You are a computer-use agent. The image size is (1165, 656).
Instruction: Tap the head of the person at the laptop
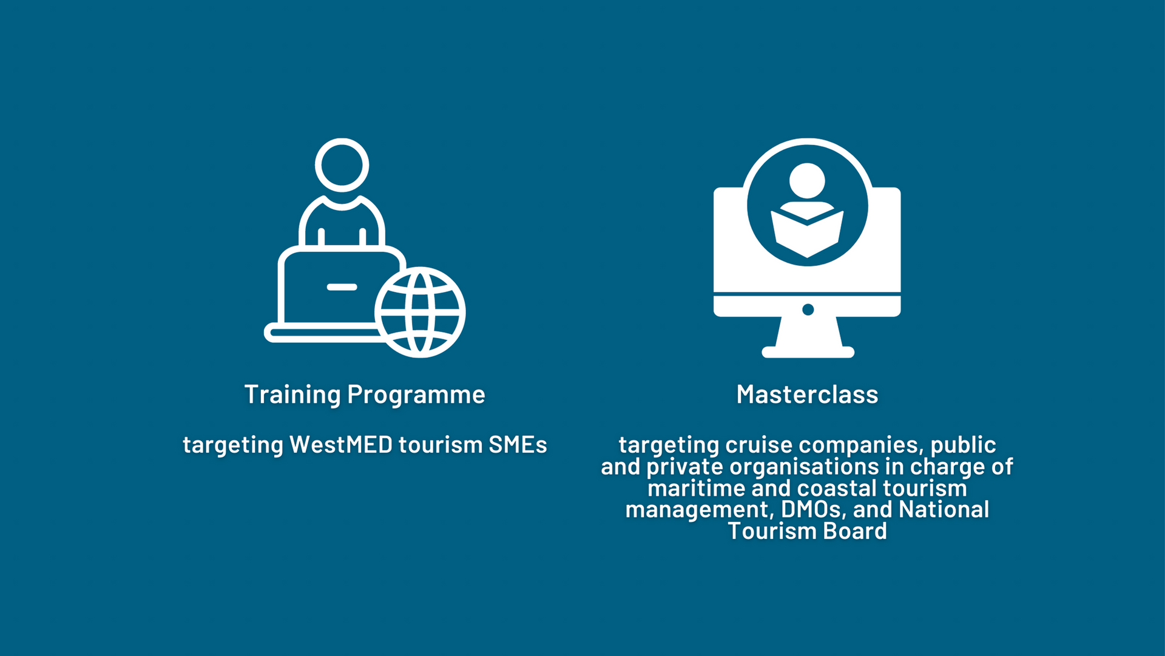coord(342,165)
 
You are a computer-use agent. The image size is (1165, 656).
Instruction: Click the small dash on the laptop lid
coord(342,287)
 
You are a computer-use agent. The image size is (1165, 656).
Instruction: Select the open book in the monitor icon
coord(807,234)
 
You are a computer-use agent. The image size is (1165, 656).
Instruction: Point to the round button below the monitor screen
coord(808,309)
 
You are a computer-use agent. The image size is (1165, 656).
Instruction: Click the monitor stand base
coord(808,352)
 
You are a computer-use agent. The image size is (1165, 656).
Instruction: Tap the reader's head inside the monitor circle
coord(807,180)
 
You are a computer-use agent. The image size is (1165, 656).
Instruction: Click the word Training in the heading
coord(292,395)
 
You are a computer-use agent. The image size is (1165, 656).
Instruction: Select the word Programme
coord(416,395)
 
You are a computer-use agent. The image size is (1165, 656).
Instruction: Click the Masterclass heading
coord(807,394)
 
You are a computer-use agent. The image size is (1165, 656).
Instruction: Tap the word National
coord(944,509)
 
